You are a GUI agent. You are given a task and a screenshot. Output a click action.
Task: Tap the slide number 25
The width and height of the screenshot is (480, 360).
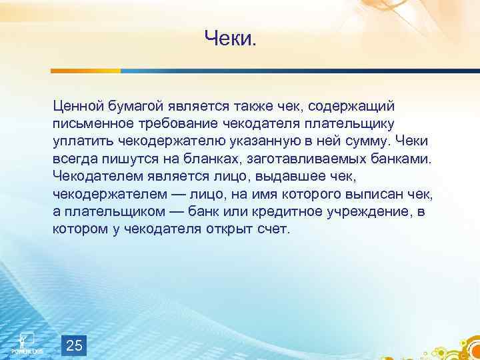[x=75, y=345]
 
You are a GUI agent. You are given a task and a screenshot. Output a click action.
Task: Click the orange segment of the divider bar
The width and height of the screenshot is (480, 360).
[x=87, y=70]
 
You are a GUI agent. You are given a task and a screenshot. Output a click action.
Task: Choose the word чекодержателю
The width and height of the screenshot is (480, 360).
[x=159, y=141]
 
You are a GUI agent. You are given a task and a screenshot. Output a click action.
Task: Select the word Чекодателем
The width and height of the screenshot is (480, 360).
[x=95, y=176]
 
